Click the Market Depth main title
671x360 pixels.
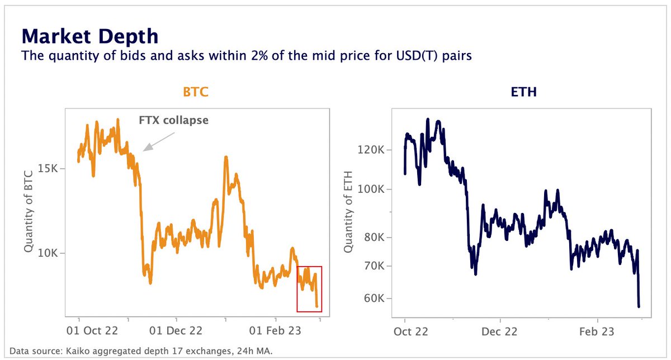coord(89,37)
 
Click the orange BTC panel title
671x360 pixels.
coord(196,92)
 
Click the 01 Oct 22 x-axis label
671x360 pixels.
coord(92,330)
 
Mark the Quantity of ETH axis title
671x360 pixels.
coord(349,211)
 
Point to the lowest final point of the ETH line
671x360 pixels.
coord(639,306)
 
